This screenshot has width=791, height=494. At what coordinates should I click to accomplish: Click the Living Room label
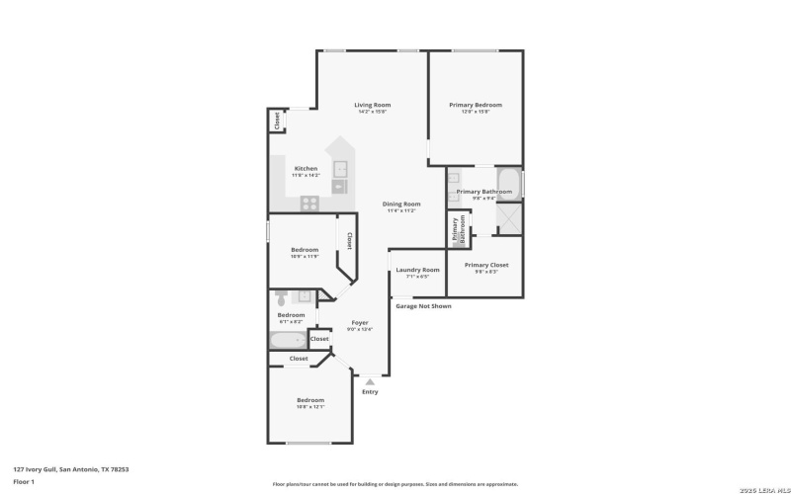click(x=373, y=105)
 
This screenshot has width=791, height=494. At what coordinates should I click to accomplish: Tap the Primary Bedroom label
click(x=476, y=105)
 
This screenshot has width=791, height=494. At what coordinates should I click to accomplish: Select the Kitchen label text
click(x=306, y=169)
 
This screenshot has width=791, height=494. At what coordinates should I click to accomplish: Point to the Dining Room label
click(x=401, y=204)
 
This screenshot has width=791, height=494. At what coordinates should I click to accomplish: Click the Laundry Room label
click(x=417, y=270)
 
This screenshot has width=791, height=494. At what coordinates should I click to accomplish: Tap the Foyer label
click(x=360, y=322)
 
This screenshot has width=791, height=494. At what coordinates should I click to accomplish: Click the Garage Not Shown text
click(x=423, y=306)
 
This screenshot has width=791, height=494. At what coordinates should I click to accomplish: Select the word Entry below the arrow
click(x=370, y=392)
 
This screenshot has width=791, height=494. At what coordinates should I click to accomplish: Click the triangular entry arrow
click(x=370, y=379)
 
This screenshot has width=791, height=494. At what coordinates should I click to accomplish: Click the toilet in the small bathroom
click(x=282, y=295)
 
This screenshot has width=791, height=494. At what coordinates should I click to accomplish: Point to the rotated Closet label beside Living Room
click(x=277, y=121)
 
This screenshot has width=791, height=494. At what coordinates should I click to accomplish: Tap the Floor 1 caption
click(x=24, y=481)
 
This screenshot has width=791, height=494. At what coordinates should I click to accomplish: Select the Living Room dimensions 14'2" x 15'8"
click(x=373, y=112)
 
